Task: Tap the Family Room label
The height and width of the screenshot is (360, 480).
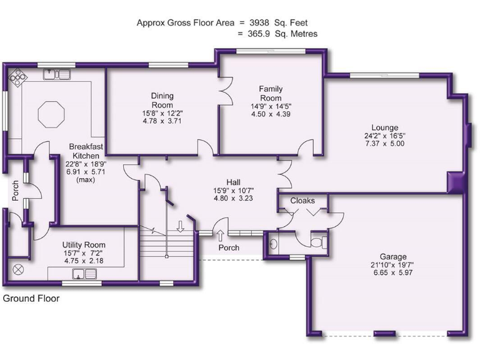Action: (271, 94)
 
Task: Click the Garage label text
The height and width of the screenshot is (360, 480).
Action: (392, 256)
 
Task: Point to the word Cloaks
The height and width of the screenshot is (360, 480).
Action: (302, 201)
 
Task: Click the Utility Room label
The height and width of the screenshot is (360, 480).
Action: (84, 245)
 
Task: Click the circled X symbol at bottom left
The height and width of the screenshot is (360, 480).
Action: (17, 270)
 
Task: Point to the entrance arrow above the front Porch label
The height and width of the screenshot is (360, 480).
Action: (221, 235)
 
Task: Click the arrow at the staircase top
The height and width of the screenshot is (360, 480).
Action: (181, 226)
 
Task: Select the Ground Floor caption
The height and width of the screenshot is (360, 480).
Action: (31, 299)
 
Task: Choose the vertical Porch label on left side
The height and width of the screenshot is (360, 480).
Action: (16, 191)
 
